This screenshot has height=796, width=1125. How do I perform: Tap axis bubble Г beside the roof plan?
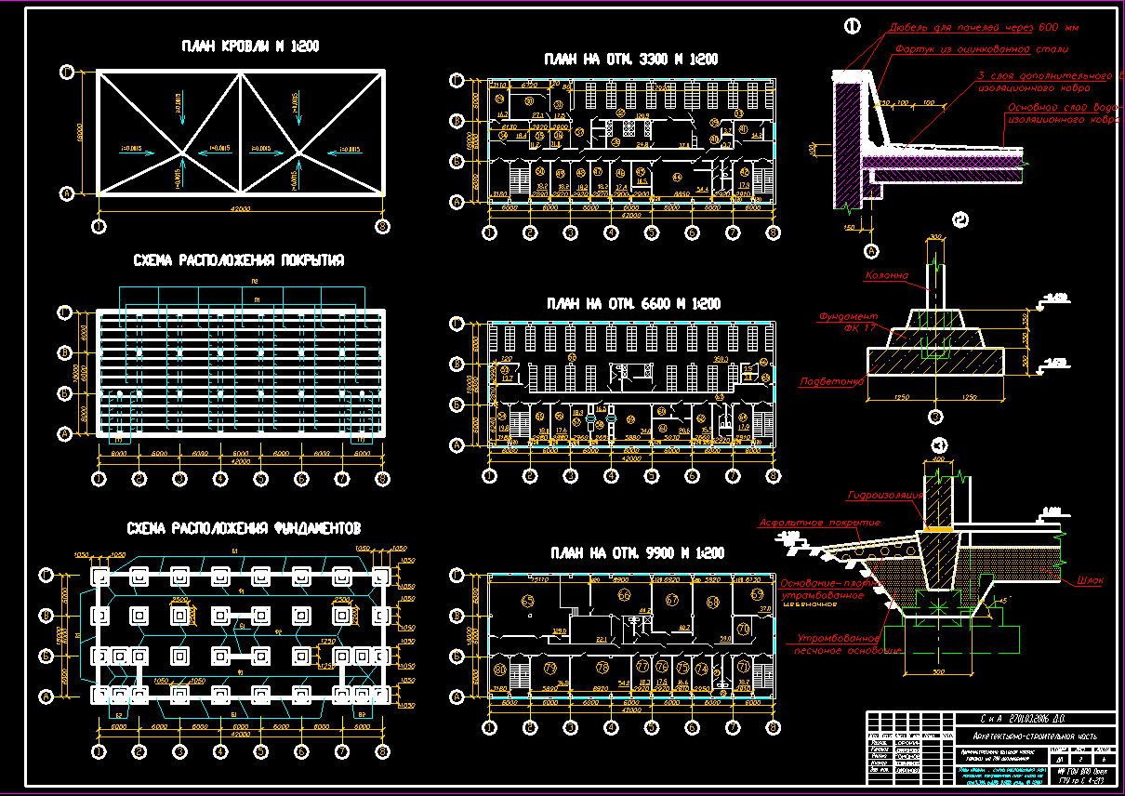pos(67,71)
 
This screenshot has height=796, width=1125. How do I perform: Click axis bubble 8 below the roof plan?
pos(382,225)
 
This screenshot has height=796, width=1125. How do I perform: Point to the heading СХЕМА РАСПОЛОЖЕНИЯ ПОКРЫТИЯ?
pos(238,261)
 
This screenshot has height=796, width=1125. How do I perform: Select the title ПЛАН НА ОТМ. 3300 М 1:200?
pos(630,59)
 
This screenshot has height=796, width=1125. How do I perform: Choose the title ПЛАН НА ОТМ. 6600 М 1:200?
pos(632,304)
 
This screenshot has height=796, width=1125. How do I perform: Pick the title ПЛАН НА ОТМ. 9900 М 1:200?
pos(632,553)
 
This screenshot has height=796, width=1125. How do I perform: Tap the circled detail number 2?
pos(961,220)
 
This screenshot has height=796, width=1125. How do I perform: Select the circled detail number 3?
pos(940,444)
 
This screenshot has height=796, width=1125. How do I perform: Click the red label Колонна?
pos(887,276)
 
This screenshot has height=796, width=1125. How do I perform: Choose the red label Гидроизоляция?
pos(883,495)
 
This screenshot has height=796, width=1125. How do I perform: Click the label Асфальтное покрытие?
pos(819,523)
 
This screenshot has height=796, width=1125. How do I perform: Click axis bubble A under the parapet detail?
pos(871,250)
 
